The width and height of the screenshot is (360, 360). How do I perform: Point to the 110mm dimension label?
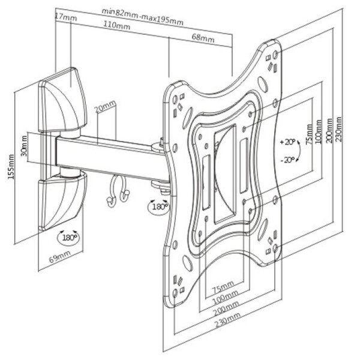tap(118, 27)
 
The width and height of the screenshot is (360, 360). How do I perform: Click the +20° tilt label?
tap(288, 143)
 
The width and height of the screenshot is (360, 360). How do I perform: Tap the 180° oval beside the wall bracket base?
tap(68, 237)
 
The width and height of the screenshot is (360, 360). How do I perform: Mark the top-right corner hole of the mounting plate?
tap(275, 54)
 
